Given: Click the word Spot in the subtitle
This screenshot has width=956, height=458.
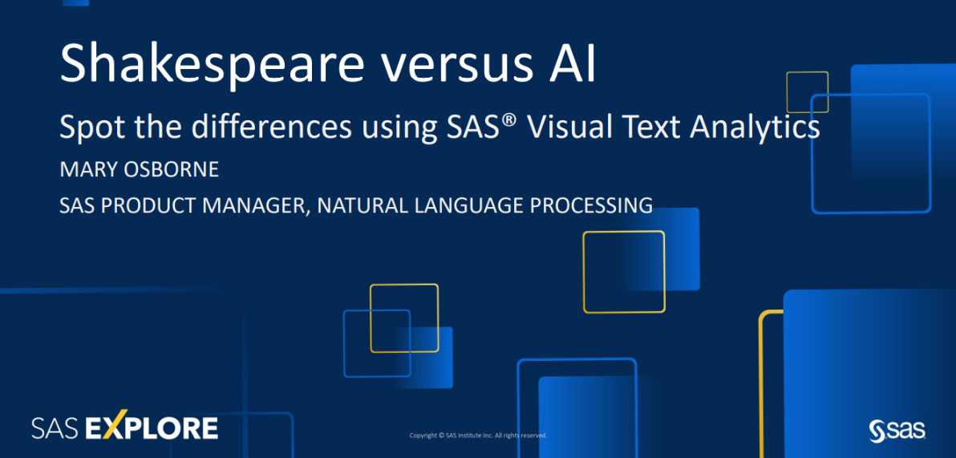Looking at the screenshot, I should pyautogui.click(x=87, y=127).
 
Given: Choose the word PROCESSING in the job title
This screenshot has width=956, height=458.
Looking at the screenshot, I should pyautogui.click(x=590, y=205).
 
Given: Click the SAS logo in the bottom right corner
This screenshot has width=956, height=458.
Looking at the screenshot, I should pyautogui.click(x=897, y=430).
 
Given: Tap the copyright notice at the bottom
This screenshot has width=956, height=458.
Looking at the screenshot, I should pyautogui.click(x=478, y=436).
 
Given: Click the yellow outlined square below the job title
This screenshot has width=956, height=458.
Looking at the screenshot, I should pyautogui.click(x=623, y=272).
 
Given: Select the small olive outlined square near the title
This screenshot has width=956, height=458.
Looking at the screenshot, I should pyautogui.click(x=807, y=91).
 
